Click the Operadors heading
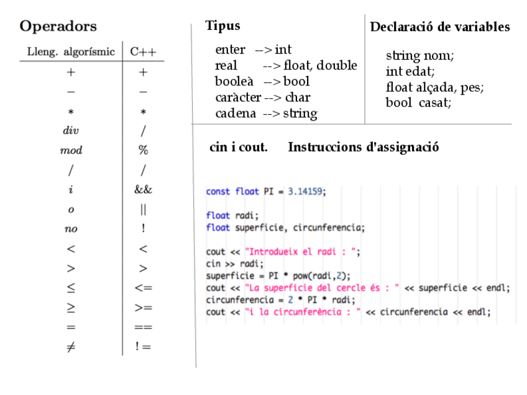(x=58, y=27)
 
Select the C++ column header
(x=143, y=52)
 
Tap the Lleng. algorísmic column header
(x=71, y=52)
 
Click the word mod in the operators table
(x=71, y=150)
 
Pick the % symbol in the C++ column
(x=143, y=150)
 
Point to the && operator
(x=143, y=189)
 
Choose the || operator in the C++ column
(x=143, y=209)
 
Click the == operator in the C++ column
(x=143, y=327)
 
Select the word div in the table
(x=71, y=131)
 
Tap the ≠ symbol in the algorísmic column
(x=71, y=347)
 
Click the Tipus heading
(x=222, y=26)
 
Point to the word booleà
(x=231, y=81)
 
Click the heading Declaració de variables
(x=440, y=27)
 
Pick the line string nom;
(x=419, y=56)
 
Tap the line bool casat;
(x=418, y=102)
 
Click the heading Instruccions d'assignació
(x=364, y=148)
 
